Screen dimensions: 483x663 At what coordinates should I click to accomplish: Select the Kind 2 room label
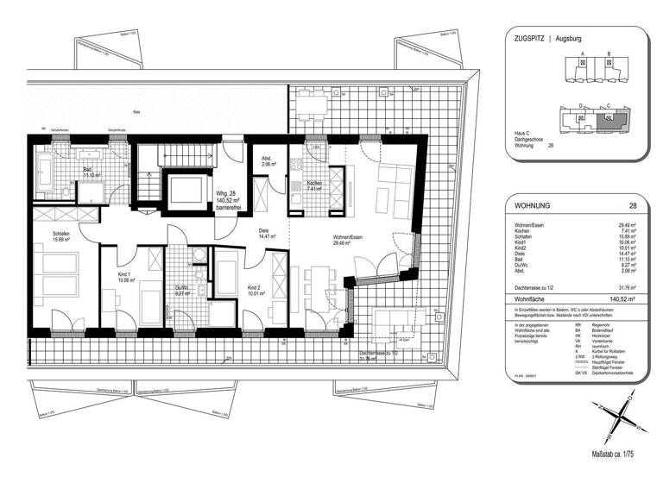point(253,288)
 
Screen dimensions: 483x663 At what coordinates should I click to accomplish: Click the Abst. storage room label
point(268,160)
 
